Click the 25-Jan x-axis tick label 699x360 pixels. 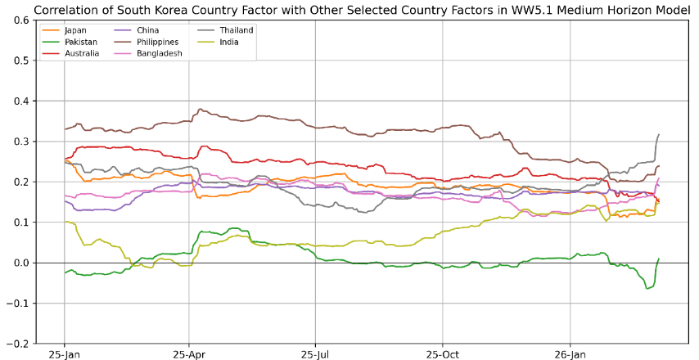coord(64,356)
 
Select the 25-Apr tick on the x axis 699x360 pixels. coord(189,356)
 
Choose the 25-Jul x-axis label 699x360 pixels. coord(315,356)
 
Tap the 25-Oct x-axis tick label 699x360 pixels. coord(442,356)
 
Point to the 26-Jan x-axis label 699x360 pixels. coord(570,356)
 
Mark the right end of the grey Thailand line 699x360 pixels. coord(659,135)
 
